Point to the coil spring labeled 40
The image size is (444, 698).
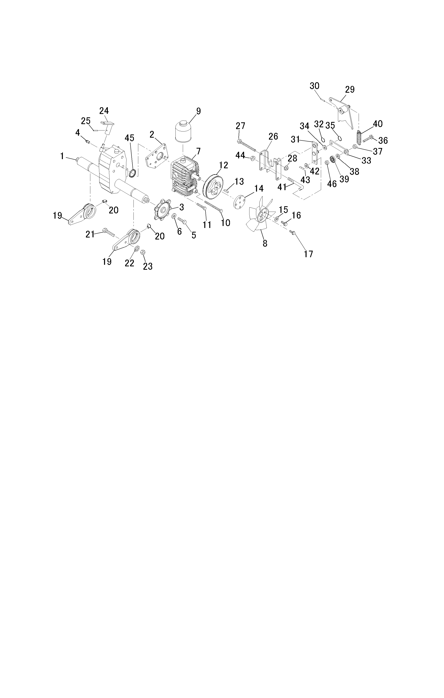359,138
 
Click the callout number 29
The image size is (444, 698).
350,89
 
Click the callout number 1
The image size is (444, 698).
62,156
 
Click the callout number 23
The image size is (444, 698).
148,266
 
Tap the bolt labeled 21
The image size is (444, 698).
109,232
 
